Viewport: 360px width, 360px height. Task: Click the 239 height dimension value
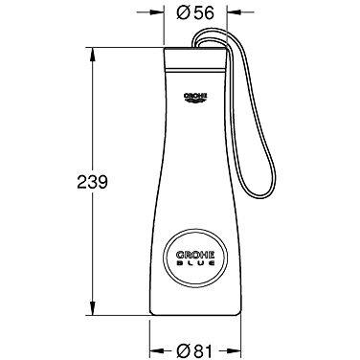click(x=93, y=182)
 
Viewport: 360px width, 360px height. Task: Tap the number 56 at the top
click(x=204, y=12)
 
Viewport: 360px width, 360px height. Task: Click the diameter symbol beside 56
click(x=184, y=12)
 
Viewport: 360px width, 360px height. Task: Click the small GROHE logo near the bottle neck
click(x=195, y=98)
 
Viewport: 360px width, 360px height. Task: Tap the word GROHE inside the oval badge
click(x=195, y=255)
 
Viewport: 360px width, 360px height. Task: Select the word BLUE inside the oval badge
click(x=195, y=263)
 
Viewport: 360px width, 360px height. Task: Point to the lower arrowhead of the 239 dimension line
click(x=93, y=307)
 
